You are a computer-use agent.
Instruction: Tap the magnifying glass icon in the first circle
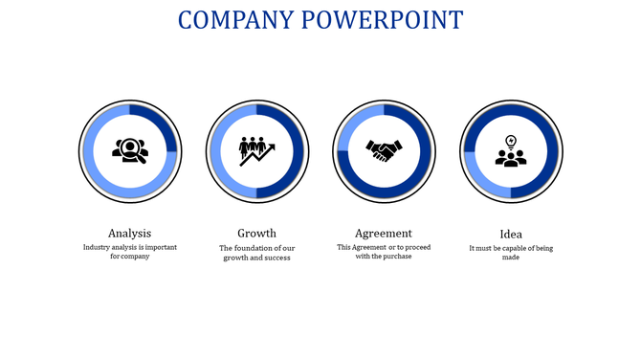[129, 150]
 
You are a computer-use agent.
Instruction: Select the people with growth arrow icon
[256, 150]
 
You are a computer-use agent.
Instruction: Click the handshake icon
[384, 150]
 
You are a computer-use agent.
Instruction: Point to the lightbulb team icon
[511, 151]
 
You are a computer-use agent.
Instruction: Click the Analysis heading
[129, 233]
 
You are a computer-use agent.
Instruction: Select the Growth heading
[256, 233]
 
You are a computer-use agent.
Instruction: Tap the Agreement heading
[384, 233]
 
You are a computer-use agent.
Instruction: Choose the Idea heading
[511, 234]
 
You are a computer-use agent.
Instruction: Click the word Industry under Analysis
[99, 247]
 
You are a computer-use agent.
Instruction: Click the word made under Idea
[511, 258]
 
